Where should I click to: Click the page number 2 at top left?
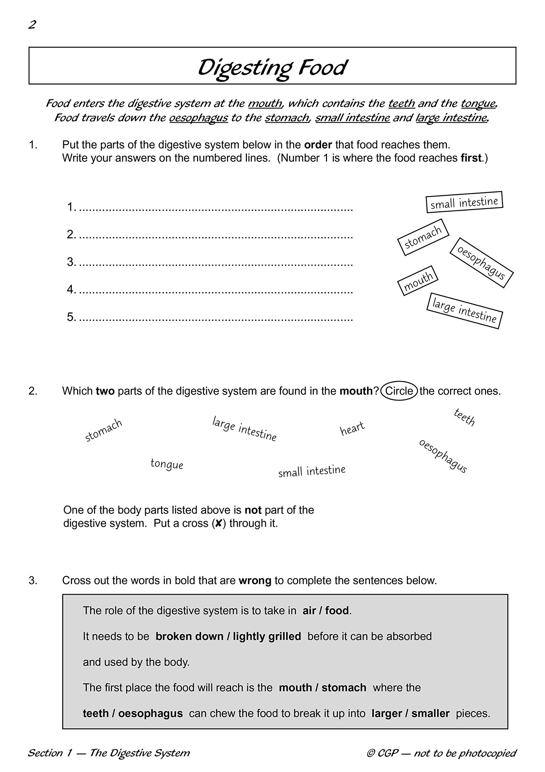click(32, 24)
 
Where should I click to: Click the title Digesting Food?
click(272, 68)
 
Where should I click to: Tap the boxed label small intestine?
click(464, 202)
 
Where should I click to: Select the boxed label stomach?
click(423, 237)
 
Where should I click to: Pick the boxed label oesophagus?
click(481, 263)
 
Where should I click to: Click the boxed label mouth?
click(418, 280)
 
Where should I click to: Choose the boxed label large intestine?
click(464, 311)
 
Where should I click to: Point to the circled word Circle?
click(399, 391)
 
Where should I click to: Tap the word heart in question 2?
click(352, 428)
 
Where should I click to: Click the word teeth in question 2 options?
click(464, 417)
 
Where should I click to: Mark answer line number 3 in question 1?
click(216, 262)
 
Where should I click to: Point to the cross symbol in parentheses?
click(218, 524)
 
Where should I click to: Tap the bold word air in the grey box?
click(309, 611)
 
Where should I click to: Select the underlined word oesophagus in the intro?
click(198, 118)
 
